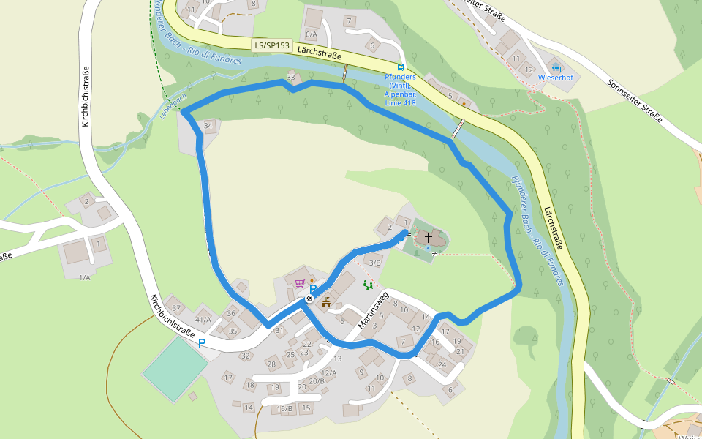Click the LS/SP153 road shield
271,45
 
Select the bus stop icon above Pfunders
400,67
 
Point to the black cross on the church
429,238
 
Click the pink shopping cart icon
299,282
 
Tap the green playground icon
368,284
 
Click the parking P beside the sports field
202,342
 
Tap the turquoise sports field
175,367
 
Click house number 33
292,77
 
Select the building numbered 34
209,126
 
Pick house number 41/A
203,319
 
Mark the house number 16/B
285,408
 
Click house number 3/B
375,263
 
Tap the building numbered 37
176,307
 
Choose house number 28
271,364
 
